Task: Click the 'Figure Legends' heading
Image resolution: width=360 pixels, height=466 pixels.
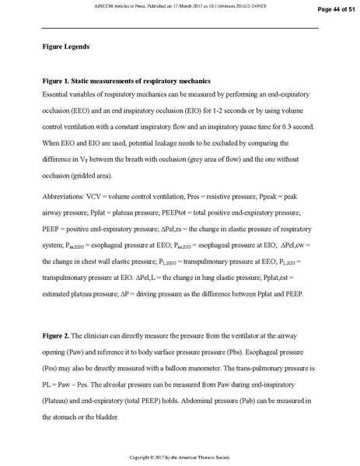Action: click(x=66, y=47)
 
